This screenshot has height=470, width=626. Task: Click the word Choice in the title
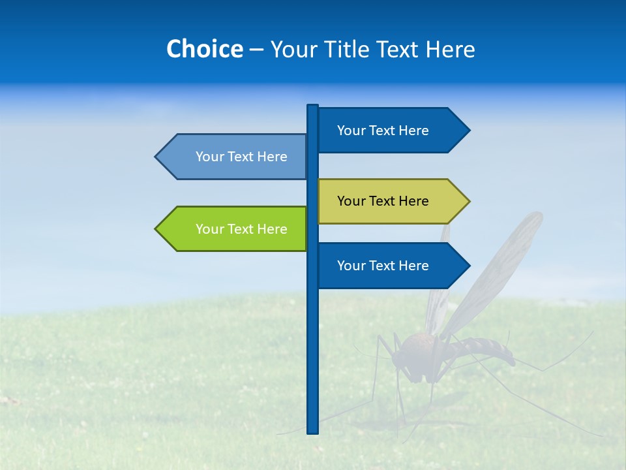[204, 49]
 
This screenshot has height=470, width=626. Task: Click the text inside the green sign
[241, 229]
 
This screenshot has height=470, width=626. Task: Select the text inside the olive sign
[383, 201]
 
